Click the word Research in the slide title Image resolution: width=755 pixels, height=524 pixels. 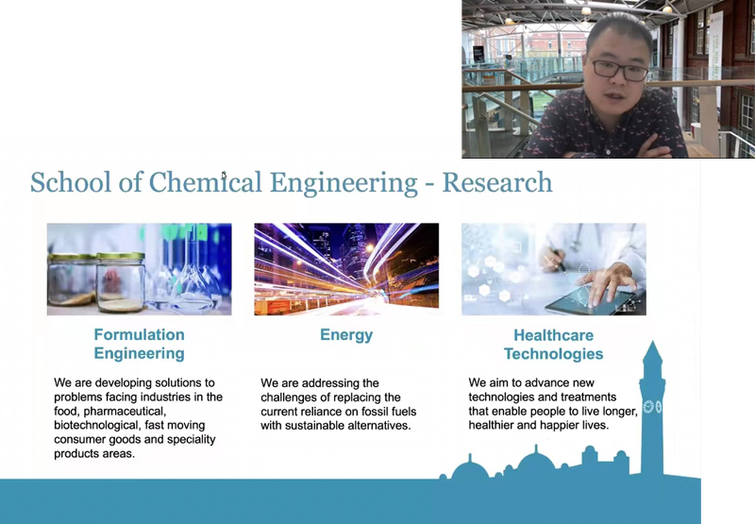click(x=497, y=182)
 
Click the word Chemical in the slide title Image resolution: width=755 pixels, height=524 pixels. click(x=205, y=182)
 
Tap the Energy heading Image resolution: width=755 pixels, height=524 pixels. click(x=346, y=335)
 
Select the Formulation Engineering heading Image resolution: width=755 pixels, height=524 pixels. click(x=139, y=344)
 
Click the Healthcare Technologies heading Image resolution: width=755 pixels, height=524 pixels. click(x=553, y=345)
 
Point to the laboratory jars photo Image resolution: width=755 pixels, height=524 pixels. click(x=139, y=269)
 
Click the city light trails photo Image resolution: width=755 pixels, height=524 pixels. click(x=346, y=269)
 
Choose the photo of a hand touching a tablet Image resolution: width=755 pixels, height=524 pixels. click(x=554, y=269)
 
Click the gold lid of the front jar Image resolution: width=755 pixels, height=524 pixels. click(x=121, y=256)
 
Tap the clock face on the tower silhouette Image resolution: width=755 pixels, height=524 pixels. click(x=648, y=407)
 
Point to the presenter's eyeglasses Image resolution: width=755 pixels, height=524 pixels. click(x=619, y=70)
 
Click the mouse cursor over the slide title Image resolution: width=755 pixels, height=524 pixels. click(x=224, y=176)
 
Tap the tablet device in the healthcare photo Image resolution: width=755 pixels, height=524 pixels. click(x=593, y=301)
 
